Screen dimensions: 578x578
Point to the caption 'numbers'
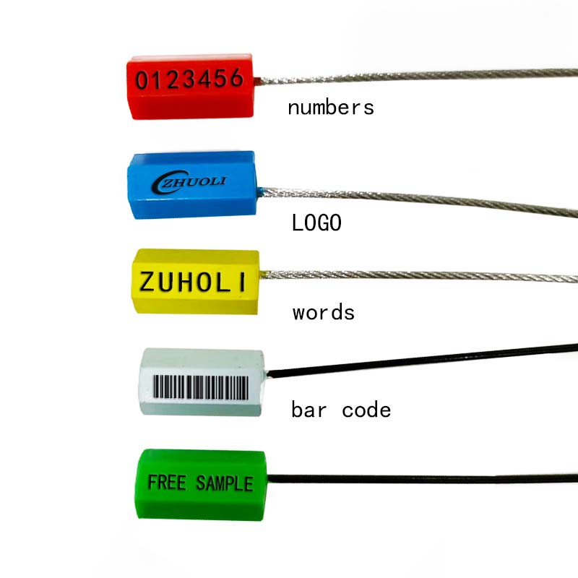coord(331,108)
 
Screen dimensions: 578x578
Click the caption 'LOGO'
coord(316,223)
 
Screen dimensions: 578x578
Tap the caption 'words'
coord(323,313)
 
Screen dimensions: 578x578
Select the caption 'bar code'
coord(341,410)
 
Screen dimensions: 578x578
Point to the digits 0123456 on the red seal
coord(190,79)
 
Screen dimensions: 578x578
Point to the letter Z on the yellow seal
coord(147,280)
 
